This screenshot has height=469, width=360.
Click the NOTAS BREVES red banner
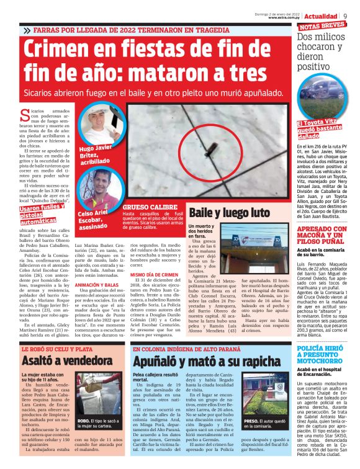pyautogui.click(x=323, y=26)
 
